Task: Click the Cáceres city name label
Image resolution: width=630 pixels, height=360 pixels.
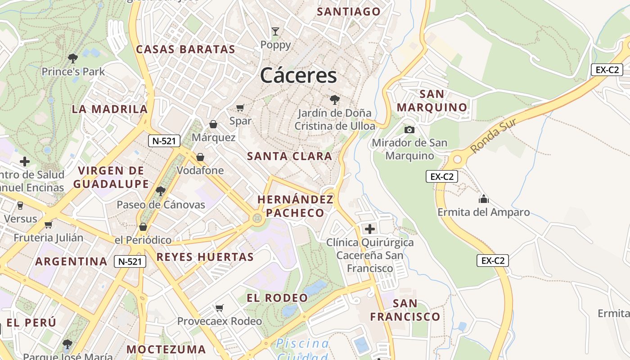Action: (x=298, y=75)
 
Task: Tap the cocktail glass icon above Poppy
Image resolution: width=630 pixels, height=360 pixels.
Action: (x=275, y=31)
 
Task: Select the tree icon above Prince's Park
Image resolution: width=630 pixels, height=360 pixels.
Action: (x=72, y=58)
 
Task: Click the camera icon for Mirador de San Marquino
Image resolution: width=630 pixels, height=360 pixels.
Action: (x=409, y=130)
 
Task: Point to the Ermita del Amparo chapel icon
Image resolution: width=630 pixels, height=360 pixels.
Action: (x=484, y=198)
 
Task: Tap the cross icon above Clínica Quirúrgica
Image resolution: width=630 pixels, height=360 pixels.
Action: (x=369, y=229)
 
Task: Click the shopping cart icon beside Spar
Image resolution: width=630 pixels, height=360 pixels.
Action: (x=240, y=108)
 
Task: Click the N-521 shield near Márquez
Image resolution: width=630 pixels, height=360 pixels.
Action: (x=164, y=141)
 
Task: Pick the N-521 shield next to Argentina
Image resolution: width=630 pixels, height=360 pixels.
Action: (x=130, y=261)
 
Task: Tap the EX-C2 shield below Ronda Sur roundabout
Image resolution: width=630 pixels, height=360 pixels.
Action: (x=441, y=177)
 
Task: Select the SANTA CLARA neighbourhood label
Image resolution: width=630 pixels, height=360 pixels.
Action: (x=289, y=156)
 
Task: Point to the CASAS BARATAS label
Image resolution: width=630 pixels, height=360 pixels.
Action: (x=185, y=49)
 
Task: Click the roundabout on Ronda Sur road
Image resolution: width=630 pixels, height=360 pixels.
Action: (x=458, y=159)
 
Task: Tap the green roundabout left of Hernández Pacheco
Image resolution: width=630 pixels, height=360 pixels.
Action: (x=257, y=219)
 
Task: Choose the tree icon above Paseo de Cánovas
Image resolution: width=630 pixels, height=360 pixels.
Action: (x=160, y=191)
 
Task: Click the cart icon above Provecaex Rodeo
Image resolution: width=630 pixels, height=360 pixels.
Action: (x=219, y=308)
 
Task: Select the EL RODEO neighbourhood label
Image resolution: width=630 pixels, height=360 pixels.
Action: (x=277, y=298)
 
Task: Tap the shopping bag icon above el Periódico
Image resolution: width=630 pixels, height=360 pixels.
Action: (x=143, y=226)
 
